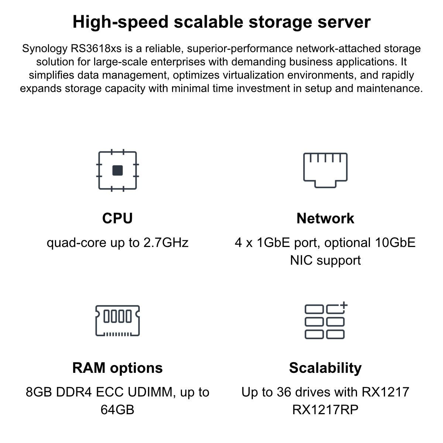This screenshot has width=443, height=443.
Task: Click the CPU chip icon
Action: pos(117,170)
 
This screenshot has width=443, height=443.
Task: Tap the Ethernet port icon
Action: pos(325,170)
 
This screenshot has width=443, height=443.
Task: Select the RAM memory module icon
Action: pos(117,320)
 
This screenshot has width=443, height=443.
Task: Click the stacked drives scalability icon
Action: pos(325,321)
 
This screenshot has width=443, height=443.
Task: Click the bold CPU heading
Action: pos(117,218)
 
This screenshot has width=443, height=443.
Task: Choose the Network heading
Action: pos(325,218)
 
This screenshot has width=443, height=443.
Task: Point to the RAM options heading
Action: pos(117,368)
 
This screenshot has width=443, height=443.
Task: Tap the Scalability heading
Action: pos(325,368)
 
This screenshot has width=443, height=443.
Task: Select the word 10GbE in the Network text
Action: pos(395,243)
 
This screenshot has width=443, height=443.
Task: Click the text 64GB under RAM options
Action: pos(117,409)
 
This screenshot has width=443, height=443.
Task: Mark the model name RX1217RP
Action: pos(325,409)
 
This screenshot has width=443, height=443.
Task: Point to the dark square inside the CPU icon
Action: pos(117,170)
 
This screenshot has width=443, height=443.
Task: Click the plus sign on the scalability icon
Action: pos(344,306)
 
